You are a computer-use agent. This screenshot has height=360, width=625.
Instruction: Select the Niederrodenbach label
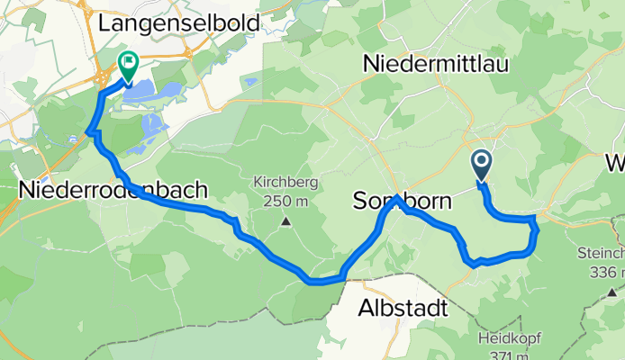pyautogui.click(x=113, y=190)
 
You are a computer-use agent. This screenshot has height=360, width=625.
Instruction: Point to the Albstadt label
pyautogui.click(x=403, y=309)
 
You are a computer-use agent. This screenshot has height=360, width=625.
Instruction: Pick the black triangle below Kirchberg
pyautogui.click(x=286, y=220)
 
